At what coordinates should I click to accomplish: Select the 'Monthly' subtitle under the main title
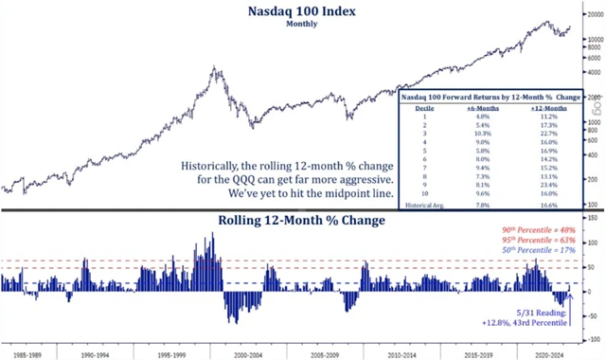pos(302,25)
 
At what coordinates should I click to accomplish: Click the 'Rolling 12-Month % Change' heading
pos(301,222)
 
